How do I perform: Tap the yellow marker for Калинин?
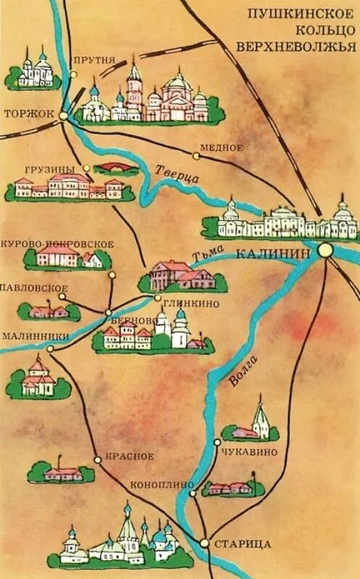click(325, 250)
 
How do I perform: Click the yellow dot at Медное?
click(196, 154)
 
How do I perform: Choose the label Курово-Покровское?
click(58, 244)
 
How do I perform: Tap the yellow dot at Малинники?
click(50, 348)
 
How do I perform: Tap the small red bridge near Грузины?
click(117, 168)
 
